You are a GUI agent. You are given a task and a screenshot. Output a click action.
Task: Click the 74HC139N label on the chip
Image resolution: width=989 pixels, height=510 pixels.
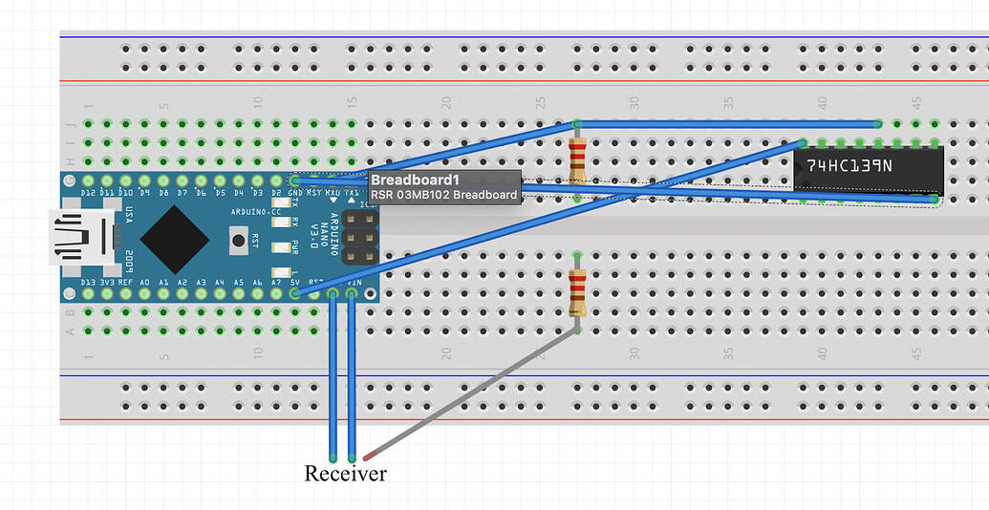[x=849, y=165]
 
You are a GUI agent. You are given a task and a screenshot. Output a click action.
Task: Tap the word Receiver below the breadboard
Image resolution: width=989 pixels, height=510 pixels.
[x=345, y=473]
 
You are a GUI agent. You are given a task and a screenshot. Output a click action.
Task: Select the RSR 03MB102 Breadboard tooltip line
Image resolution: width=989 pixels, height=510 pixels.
[x=443, y=195]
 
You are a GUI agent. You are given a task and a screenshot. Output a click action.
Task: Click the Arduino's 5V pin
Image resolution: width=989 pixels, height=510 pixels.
[x=295, y=294]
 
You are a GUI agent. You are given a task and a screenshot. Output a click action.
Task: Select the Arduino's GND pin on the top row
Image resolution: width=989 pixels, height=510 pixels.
[x=295, y=180]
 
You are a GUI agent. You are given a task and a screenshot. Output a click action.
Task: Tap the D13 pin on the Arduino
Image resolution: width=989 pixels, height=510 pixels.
[x=88, y=294]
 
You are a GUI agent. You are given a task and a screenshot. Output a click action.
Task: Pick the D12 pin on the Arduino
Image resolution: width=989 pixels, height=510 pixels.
[x=88, y=180]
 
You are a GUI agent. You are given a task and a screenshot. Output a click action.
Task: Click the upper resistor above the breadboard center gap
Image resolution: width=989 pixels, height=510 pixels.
[x=577, y=160]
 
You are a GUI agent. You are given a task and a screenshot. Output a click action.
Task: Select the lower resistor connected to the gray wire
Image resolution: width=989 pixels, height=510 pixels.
[x=577, y=291]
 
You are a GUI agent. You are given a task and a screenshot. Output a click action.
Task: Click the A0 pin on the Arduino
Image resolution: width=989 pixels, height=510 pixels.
[x=144, y=294]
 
